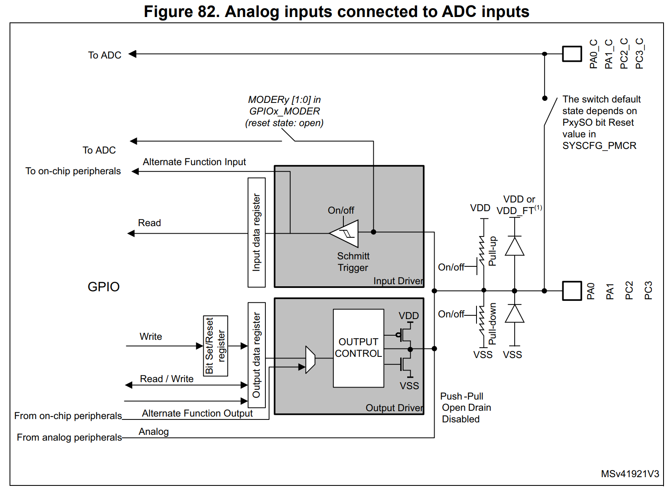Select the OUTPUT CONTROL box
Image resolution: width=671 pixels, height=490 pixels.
(x=358, y=348)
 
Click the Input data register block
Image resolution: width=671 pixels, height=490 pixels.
(x=256, y=232)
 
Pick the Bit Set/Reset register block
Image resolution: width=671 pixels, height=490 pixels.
(x=215, y=346)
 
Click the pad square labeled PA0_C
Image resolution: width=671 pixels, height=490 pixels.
(x=572, y=54)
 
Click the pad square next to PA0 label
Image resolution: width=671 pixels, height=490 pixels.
(x=572, y=291)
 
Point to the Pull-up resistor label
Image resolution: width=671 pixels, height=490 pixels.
(x=492, y=251)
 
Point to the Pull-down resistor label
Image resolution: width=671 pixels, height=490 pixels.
(x=492, y=324)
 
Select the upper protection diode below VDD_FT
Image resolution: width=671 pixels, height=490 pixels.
(x=515, y=246)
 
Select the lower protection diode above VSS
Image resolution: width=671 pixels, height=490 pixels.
(x=515, y=314)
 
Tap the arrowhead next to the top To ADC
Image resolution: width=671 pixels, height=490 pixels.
(x=132, y=54)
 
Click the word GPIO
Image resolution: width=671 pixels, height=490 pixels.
(x=104, y=287)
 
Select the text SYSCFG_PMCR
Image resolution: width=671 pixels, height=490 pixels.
(x=599, y=146)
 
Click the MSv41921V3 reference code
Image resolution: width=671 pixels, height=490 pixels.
(x=630, y=474)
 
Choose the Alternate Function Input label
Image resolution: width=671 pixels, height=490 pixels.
(x=194, y=162)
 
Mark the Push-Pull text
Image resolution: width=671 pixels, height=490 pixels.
(x=462, y=396)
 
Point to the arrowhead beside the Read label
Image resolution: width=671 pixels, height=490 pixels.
(x=131, y=234)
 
